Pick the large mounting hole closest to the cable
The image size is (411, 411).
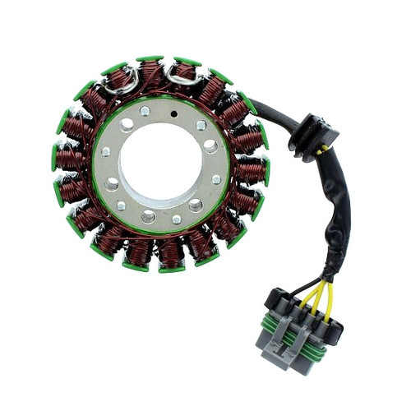(211, 145)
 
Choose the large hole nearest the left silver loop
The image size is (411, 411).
(128, 126)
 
